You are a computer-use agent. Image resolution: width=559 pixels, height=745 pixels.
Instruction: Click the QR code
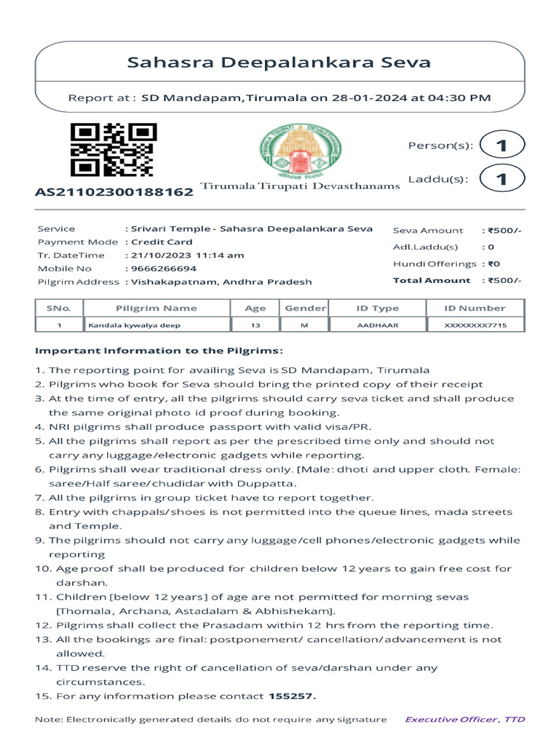pyautogui.click(x=113, y=150)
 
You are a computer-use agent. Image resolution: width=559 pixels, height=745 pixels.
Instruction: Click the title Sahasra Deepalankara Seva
pyautogui.click(x=279, y=63)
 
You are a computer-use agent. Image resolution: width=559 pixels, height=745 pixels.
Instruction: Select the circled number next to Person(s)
pyautogui.click(x=501, y=146)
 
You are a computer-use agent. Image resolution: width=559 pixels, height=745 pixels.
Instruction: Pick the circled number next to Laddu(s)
pyautogui.click(x=501, y=178)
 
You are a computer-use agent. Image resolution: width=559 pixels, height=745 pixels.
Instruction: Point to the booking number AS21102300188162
pyautogui.click(x=114, y=192)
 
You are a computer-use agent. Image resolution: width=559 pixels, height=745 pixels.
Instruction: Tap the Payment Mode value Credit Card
pyautogui.click(x=161, y=242)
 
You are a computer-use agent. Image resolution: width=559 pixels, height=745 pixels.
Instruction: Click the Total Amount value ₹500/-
pyautogui.click(x=504, y=280)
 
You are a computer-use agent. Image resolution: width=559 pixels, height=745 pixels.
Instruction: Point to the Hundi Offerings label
pyautogui.click(x=435, y=264)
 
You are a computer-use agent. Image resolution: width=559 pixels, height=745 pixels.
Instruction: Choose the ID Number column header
pyautogui.click(x=475, y=308)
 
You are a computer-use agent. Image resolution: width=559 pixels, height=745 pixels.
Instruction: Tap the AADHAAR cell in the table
pyautogui.click(x=377, y=325)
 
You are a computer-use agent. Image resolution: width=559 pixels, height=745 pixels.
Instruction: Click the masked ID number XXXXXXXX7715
pyautogui.click(x=475, y=325)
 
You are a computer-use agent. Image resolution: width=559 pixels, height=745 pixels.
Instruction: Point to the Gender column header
pyautogui.click(x=305, y=308)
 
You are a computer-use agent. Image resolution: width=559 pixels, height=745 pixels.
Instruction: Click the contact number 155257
pyautogui.click(x=292, y=696)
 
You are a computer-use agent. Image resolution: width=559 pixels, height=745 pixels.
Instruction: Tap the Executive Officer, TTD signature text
pyautogui.click(x=464, y=720)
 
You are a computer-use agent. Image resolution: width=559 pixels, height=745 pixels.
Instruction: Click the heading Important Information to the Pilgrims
pyautogui.click(x=159, y=351)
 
